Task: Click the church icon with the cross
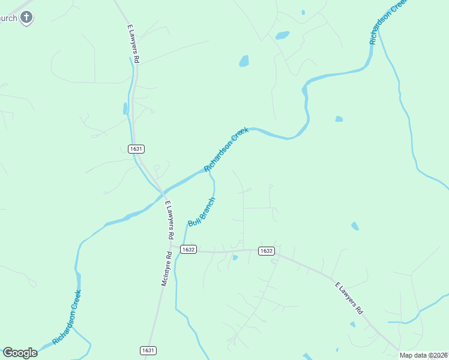click(x=26, y=17)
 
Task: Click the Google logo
click(x=20, y=353)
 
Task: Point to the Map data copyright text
click(x=424, y=355)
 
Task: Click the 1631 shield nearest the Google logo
click(x=148, y=350)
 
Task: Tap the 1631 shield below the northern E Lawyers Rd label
click(x=136, y=149)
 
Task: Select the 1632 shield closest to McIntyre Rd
click(x=188, y=249)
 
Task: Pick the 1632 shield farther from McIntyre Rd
click(x=267, y=251)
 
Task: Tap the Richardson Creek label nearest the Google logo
click(x=67, y=317)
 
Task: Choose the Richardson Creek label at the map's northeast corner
click(x=388, y=22)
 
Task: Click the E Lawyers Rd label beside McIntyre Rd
click(x=169, y=215)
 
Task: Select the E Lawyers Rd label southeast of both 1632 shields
click(x=349, y=298)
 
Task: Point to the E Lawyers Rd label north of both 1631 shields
click(x=133, y=44)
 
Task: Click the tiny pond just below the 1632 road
click(x=235, y=258)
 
